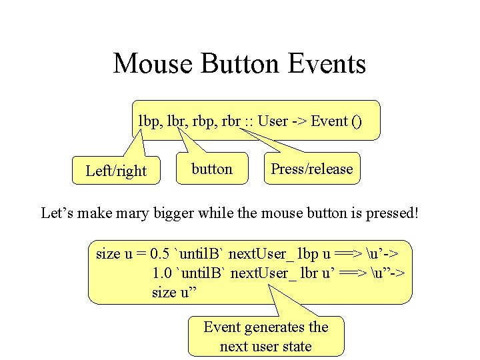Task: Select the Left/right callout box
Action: pyautogui.click(x=116, y=171)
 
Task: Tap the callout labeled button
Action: pyautogui.click(x=212, y=169)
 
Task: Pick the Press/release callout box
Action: pyautogui.click(x=311, y=169)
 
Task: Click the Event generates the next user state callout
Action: pyautogui.click(x=266, y=337)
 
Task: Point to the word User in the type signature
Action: pyautogui.click(x=273, y=121)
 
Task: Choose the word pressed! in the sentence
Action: pyautogui.click(x=391, y=214)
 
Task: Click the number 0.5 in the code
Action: pyautogui.click(x=159, y=254)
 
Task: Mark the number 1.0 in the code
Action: pyautogui.click(x=161, y=273)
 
